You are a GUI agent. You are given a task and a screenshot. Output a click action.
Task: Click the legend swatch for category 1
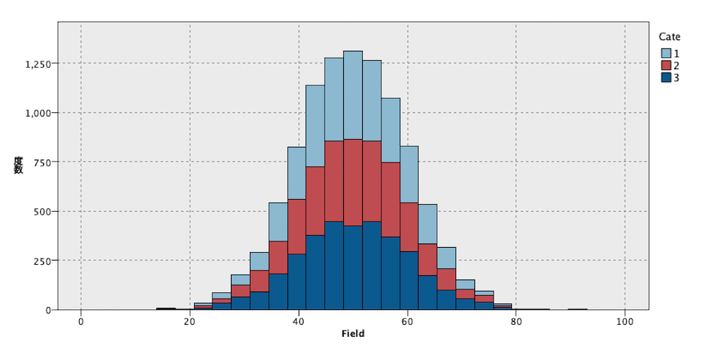666,53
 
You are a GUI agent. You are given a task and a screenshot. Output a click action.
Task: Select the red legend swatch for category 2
666,66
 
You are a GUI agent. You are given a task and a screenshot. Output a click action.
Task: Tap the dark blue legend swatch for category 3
666,78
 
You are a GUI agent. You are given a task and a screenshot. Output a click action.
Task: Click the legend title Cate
669,37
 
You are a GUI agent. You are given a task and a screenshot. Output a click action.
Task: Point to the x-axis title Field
352,333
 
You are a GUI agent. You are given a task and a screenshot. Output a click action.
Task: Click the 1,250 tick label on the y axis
38,64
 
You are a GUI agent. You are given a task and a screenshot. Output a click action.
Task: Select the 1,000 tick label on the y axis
38,113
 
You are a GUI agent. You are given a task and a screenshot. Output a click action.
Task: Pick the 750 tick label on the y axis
42,162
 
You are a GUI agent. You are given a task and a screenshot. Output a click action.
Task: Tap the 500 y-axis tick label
42,211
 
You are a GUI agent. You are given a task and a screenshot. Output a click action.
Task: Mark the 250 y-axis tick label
42,260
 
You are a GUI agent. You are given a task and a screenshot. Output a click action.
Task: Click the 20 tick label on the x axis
190,322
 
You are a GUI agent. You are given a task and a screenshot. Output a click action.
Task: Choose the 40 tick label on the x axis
299,322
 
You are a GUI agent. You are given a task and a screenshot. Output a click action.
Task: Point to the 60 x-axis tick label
407,322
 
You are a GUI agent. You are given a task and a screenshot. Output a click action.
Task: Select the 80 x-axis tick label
516,322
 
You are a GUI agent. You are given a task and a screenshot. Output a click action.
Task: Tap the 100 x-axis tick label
625,322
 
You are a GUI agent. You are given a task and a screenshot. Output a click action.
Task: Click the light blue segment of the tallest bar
353,95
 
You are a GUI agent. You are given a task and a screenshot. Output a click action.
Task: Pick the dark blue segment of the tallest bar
353,268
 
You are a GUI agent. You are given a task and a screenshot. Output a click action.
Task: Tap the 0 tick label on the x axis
81,322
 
